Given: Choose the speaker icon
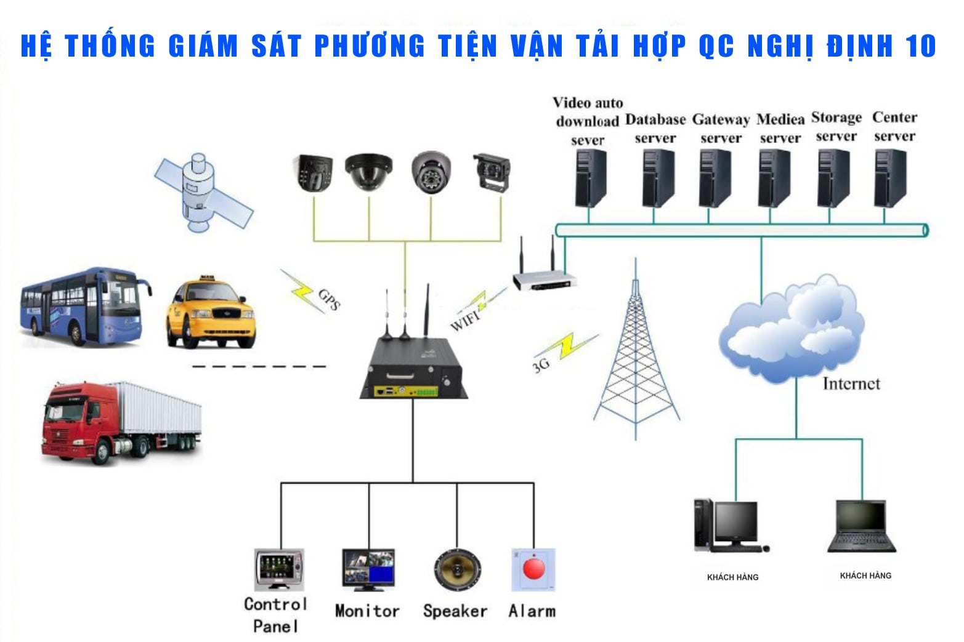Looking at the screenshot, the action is pyautogui.click(x=457, y=570).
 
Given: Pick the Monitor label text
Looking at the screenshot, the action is pyautogui.click(x=367, y=611).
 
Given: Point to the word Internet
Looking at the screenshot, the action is pyautogui.click(x=851, y=383).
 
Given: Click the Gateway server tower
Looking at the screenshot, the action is pyautogui.click(x=715, y=178).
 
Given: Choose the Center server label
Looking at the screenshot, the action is pyautogui.click(x=895, y=126).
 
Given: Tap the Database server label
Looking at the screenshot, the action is pyautogui.click(x=655, y=129).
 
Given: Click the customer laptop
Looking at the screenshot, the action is pyautogui.click(x=862, y=526).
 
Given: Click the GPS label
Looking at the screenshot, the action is pyautogui.click(x=330, y=299).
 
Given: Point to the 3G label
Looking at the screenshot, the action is pyautogui.click(x=541, y=365).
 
